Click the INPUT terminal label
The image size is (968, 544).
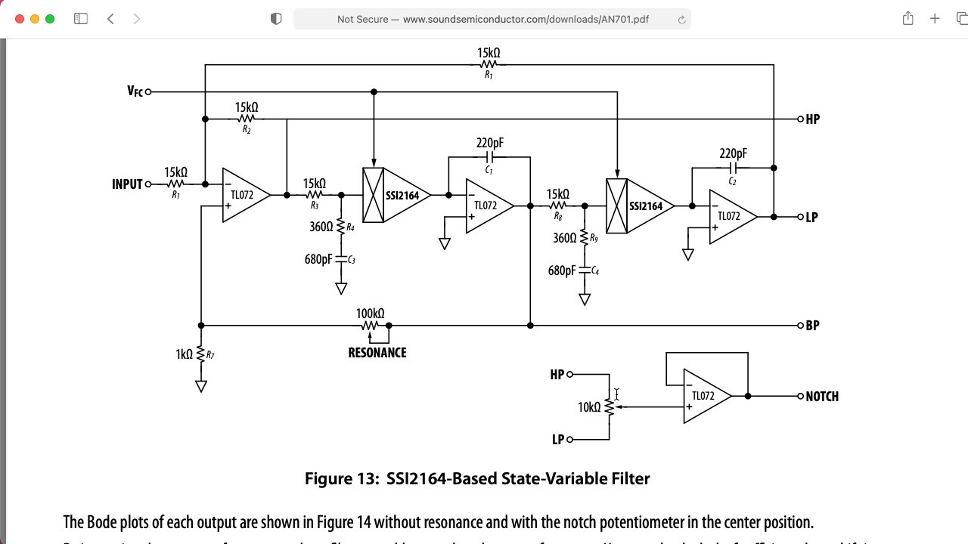click(127, 184)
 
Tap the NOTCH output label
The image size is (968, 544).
click(821, 397)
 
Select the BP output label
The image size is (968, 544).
click(812, 326)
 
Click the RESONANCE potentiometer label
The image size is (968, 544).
click(377, 353)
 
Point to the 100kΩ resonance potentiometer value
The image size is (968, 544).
click(370, 314)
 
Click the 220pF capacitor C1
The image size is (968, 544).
click(489, 157)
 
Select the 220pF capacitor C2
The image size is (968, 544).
click(732, 168)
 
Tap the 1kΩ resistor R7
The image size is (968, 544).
click(201, 354)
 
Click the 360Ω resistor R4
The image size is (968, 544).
click(341, 227)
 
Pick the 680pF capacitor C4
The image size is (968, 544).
click(585, 270)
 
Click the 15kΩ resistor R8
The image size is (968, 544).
click(558, 206)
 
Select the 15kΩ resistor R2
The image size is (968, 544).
click(247, 119)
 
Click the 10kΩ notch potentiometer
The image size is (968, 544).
click(609, 407)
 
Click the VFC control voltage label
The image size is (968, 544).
click(135, 91)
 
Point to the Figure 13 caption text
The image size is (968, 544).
click(477, 479)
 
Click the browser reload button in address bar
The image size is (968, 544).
click(681, 20)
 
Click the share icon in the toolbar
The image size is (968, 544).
click(907, 19)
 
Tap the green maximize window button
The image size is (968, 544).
click(50, 19)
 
